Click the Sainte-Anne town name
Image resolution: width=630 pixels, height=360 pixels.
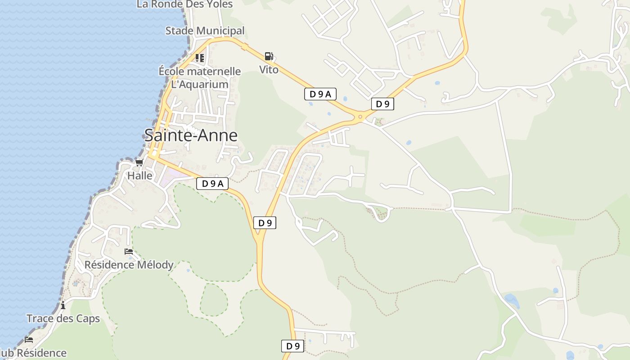[x=191, y=135]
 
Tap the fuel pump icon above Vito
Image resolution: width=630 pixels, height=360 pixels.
[x=269, y=56]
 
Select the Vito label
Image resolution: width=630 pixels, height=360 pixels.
[x=269, y=70]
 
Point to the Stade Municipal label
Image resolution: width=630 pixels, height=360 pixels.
[x=205, y=31]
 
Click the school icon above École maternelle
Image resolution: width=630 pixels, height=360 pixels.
[x=200, y=58]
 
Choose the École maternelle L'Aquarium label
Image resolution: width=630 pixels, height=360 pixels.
[x=200, y=78]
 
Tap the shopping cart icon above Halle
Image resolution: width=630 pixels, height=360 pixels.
[x=139, y=163]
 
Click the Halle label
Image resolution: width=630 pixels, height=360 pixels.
[x=140, y=175]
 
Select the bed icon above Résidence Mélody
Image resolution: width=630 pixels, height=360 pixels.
[x=129, y=252]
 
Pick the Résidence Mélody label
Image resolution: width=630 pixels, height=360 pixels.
[x=129, y=265]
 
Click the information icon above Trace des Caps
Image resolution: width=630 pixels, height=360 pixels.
[x=63, y=306]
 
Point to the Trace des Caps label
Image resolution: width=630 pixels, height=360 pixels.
[x=63, y=319]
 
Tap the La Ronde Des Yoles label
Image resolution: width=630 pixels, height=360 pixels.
[x=184, y=4]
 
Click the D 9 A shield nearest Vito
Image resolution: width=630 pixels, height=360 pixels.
[x=320, y=94]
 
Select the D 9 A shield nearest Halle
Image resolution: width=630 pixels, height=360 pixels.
[x=212, y=184]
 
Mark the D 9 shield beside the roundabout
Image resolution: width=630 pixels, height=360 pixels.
[x=382, y=104]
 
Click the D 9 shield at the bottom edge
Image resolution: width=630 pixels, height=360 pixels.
[x=293, y=346]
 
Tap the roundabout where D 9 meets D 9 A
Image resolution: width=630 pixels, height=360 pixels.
[x=360, y=117]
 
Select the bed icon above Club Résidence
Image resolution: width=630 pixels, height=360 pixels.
[x=29, y=339]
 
